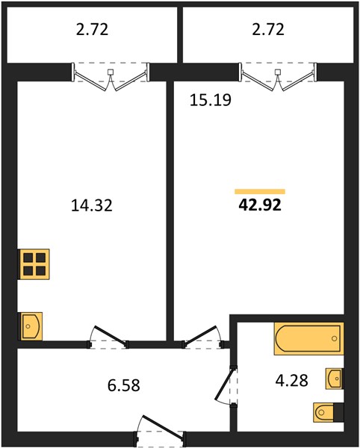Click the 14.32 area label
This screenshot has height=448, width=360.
click(x=92, y=206)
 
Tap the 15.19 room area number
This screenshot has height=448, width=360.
click(x=211, y=100)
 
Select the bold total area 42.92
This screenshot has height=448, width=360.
click(x=260, y=205)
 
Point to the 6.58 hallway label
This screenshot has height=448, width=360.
click(x=124, y=385)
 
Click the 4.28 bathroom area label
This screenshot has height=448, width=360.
click(x=292, y=380)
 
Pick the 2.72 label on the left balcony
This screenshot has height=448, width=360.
click(x=92, y=29)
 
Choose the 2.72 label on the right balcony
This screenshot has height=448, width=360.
click(x=268, y=29)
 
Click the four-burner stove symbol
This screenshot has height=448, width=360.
click(x=34, y=264)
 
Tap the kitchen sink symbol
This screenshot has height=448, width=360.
click(x=31, y=326)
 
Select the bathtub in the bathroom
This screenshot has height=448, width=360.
click(x=308, y=339)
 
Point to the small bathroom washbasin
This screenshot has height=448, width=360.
click(x=335, y=379)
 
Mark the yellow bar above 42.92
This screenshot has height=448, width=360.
click(x=260, y=191)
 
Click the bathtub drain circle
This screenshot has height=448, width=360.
click(x=335, y=338)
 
